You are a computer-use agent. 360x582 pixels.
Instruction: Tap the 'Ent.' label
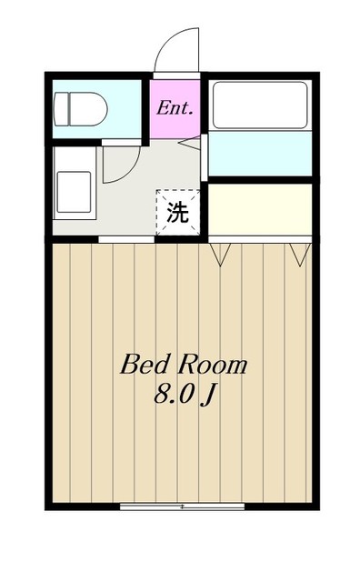[175, 107]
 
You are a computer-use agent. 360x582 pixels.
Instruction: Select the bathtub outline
[259, 105]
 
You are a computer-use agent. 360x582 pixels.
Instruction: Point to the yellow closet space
[260, 209]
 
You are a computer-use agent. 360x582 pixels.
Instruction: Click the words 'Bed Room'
[184, 366]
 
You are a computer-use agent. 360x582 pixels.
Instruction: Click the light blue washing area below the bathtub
[260, 155]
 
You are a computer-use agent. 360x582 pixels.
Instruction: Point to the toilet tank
[61, 110]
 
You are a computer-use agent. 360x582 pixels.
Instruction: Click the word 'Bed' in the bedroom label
[142, 366]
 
